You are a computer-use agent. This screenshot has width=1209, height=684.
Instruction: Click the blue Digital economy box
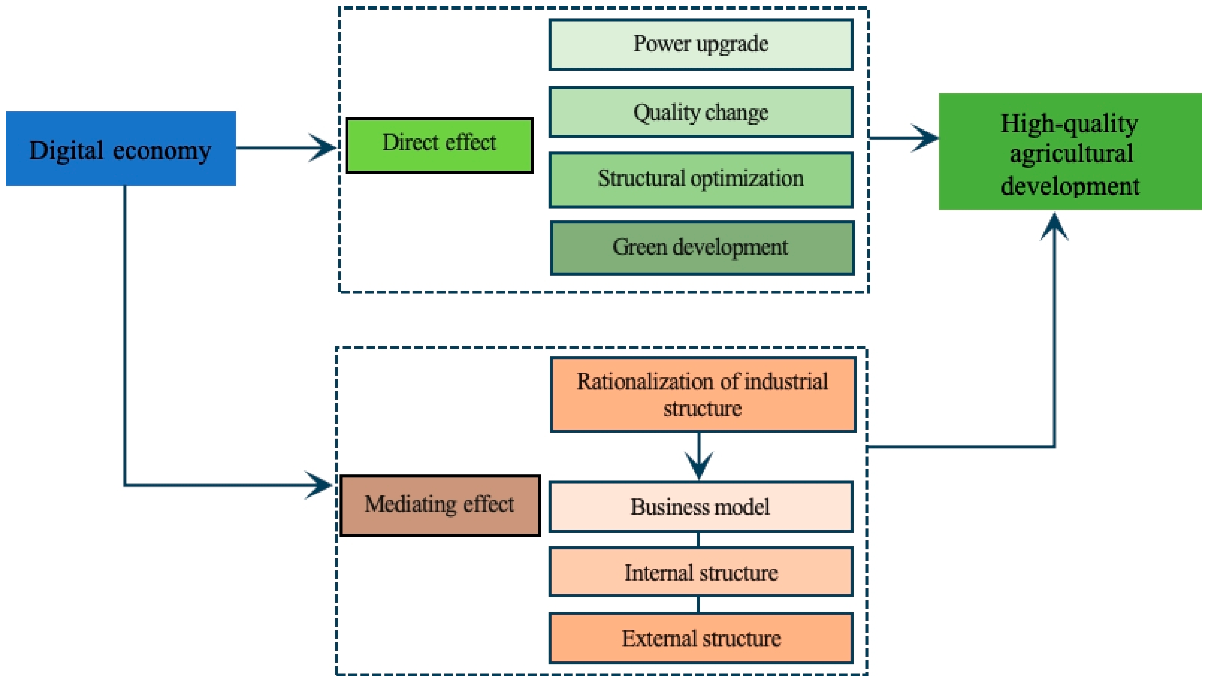[121, 149]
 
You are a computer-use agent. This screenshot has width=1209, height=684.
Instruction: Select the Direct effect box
[439, 146]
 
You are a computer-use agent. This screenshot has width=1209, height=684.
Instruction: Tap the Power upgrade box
[701, 45]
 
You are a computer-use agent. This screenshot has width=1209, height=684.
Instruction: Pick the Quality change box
[701, 112]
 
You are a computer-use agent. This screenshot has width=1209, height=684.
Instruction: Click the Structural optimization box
[701, 179]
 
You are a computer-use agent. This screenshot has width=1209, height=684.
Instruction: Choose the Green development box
[702, 248]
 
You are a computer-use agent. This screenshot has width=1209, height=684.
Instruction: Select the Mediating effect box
[440, 506]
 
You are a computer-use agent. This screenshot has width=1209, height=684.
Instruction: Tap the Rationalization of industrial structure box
[703, 394]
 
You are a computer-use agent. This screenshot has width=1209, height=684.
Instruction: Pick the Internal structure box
[701, 572]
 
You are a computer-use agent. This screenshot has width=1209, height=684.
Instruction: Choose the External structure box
[701, 638]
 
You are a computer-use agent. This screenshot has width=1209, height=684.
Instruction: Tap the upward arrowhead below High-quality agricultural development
[1054, 227]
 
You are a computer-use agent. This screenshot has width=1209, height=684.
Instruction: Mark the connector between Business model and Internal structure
[698, 539]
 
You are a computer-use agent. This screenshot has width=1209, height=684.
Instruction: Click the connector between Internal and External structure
[698, 605]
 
